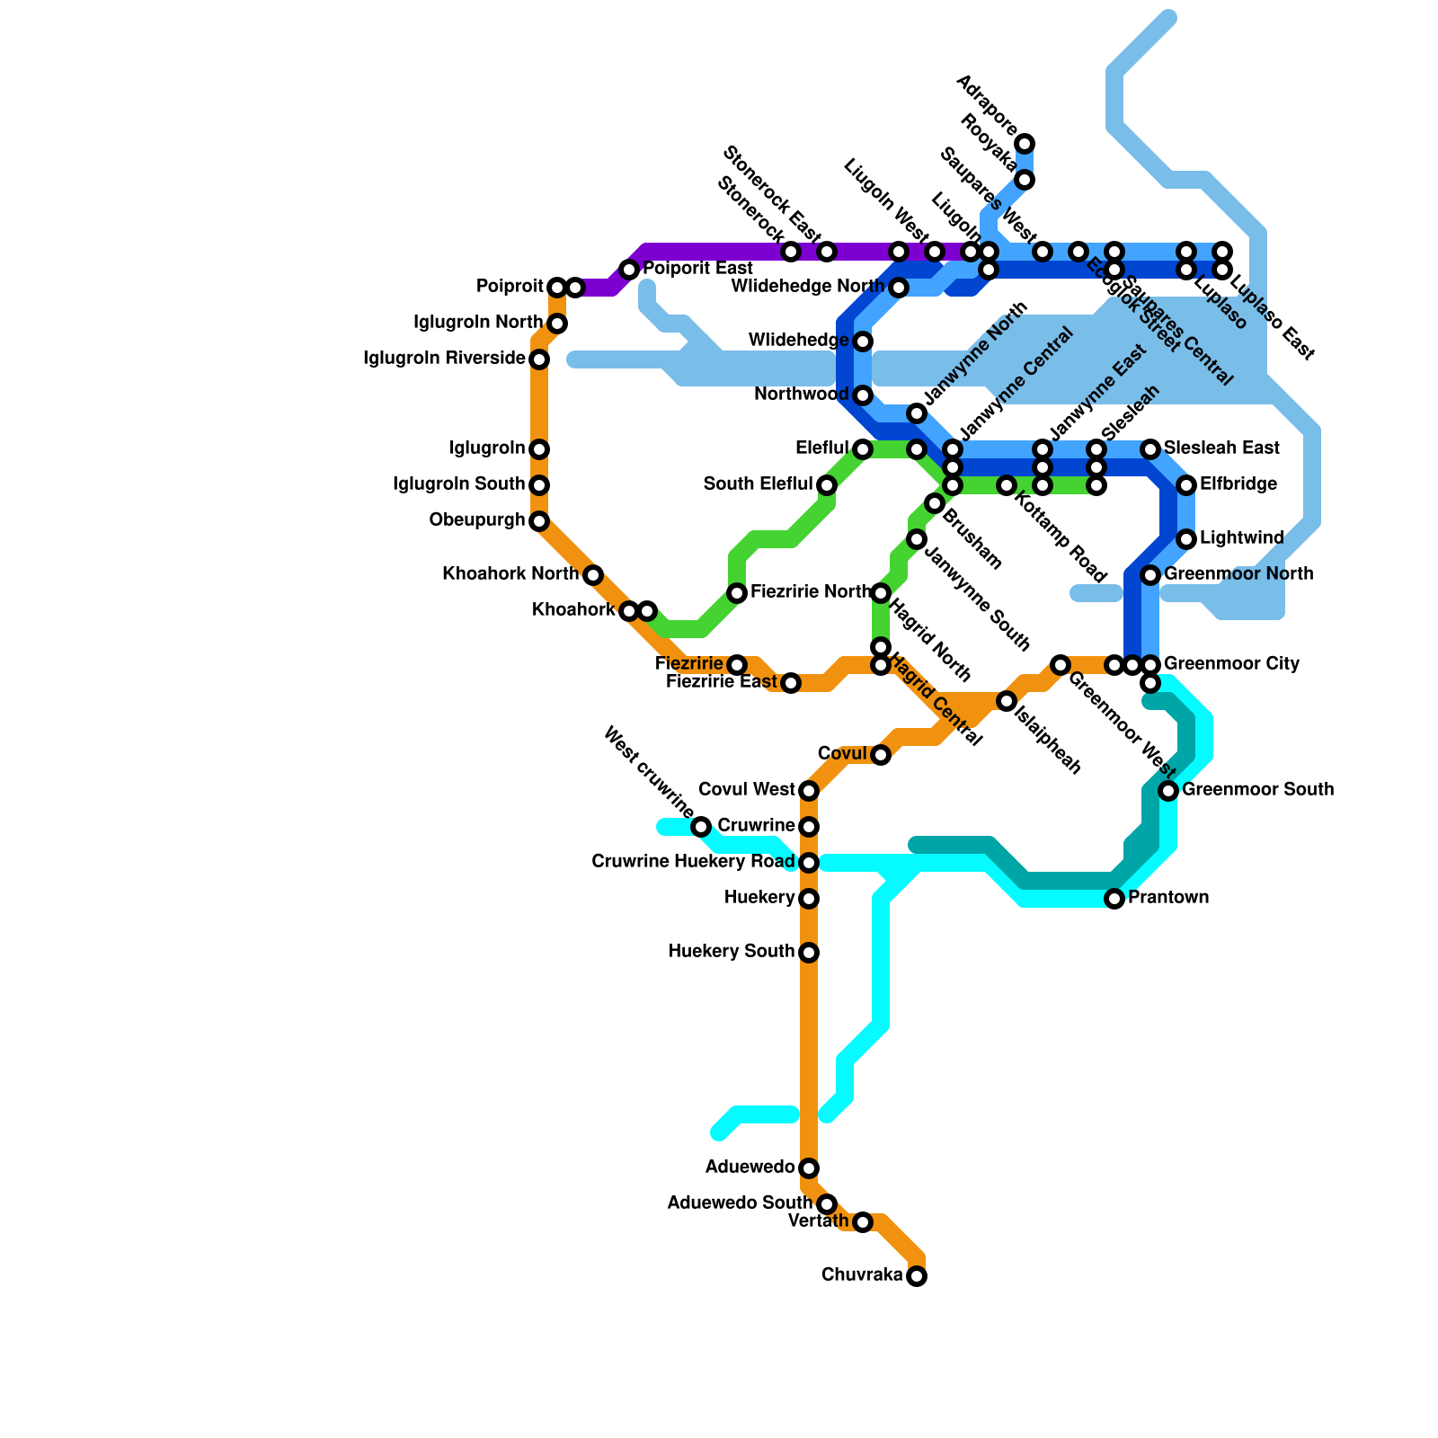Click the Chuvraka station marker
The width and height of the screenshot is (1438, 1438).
pos(916,1275)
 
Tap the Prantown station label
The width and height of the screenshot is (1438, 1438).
pos(1168,898)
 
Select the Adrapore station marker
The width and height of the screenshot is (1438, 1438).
pos(1025,144)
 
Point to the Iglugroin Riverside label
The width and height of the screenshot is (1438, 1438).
pos(444,359)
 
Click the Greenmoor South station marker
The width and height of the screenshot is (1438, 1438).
pos(1168,791)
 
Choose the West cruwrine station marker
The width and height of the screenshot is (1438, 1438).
pos(701,826)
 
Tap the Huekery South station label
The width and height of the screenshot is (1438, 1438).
pos(731,952)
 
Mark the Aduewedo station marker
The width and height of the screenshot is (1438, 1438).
pos(809,1167)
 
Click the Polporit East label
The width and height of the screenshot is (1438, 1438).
pos(697,269)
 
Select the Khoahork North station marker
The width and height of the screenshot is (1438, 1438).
pos(592,574)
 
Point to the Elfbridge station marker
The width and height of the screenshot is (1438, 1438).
pos(1186,485)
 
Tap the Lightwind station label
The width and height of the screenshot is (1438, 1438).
pos(1241,538)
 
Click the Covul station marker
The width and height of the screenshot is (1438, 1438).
pos(881,754)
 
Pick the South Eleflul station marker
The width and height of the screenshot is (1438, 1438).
pos(827,485)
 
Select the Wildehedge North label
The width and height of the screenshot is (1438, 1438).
pos(808,287)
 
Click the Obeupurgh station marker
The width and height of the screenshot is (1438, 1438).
pos(539,521)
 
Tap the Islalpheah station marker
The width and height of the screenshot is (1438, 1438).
pos(1007,701)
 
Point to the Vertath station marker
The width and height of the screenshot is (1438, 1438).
pos(863,1221)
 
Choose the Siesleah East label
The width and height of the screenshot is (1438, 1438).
pos(1221,448)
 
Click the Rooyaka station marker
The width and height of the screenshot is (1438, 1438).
pos(1025,181)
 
